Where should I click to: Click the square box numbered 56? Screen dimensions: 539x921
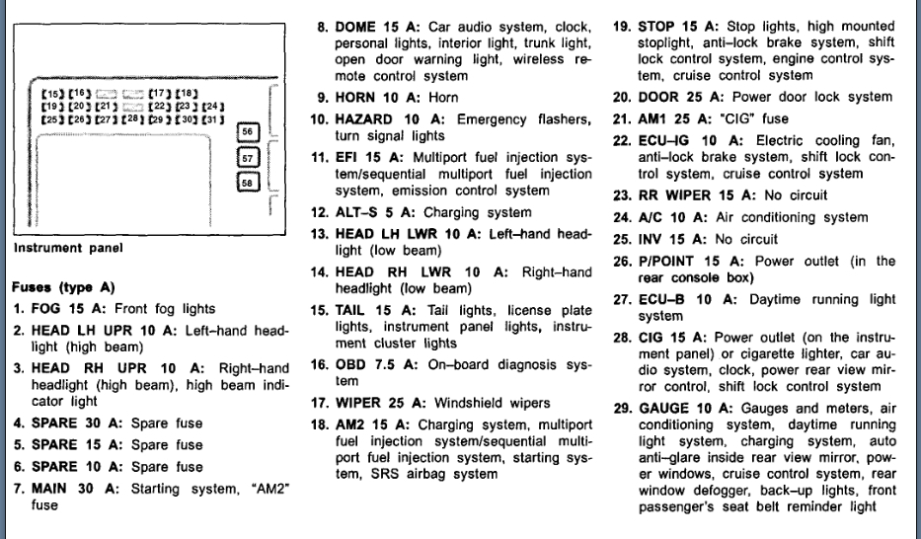tap(248, 132)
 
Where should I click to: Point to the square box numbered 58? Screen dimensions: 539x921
tap(248, 182)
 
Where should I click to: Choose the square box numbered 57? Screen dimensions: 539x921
tap(248, 157)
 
